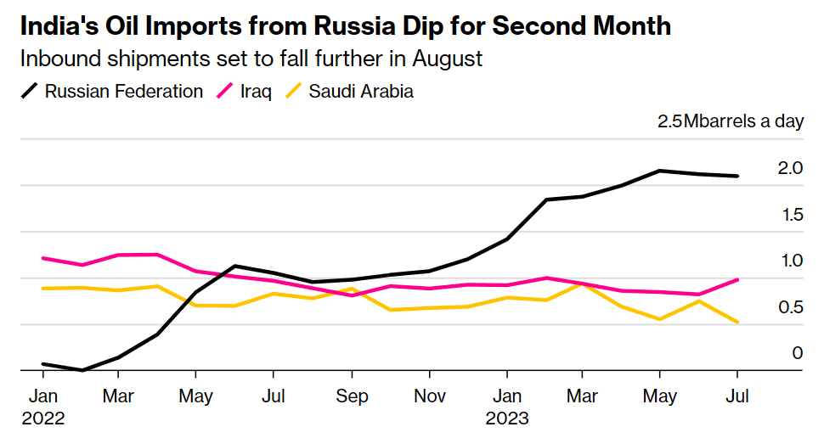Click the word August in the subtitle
449,59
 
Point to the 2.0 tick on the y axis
790,168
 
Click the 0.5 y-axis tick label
790,307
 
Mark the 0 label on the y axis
797,352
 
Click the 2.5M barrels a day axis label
730,121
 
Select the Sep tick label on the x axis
352,396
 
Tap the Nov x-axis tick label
429,396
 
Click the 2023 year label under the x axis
507,418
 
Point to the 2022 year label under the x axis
42,418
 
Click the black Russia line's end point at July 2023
737,176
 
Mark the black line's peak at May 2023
660,171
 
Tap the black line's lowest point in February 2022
82,370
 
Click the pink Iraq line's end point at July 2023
737,279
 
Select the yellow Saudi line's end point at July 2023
737,323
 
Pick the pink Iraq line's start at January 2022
42,257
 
